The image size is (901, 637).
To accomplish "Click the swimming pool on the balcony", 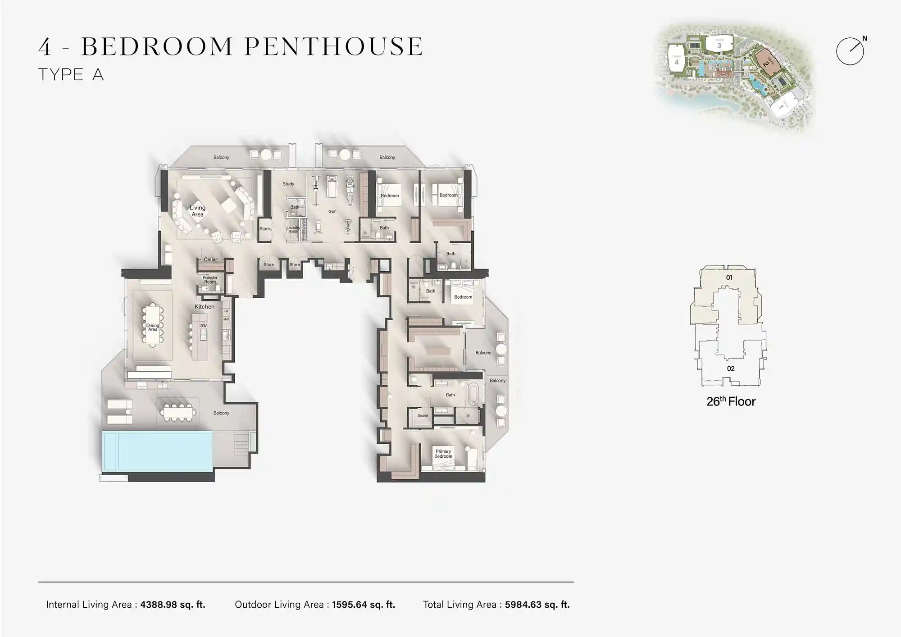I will coord(157,451).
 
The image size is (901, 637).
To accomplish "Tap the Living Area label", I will coord(197,211).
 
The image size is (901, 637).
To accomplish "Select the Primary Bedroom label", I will coord(443,454).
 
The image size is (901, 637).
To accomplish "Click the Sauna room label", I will coord(423,415).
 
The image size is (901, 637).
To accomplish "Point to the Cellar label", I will coord(210,259).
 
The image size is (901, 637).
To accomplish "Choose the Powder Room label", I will coord(210,280).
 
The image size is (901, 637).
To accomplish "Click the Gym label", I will coord(332,211).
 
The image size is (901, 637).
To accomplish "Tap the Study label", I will coord(288,184).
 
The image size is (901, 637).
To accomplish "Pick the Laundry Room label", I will coord(293,229).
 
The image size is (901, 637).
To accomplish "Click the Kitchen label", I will coord(205,307).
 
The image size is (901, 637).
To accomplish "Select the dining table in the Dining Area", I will coord(153,325).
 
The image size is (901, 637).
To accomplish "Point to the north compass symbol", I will coord(851,51).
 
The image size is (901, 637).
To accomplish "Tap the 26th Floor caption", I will coord(731,401).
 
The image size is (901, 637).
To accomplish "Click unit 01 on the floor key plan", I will coord(729,278).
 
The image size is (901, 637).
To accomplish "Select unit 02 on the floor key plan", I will coord(731,369).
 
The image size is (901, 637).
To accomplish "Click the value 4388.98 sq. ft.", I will coord(173,605).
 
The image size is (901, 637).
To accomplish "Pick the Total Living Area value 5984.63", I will coord(537,605).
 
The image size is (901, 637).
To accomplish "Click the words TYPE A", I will coord(71,75).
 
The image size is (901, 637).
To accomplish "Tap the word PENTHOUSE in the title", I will coord(334,46).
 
